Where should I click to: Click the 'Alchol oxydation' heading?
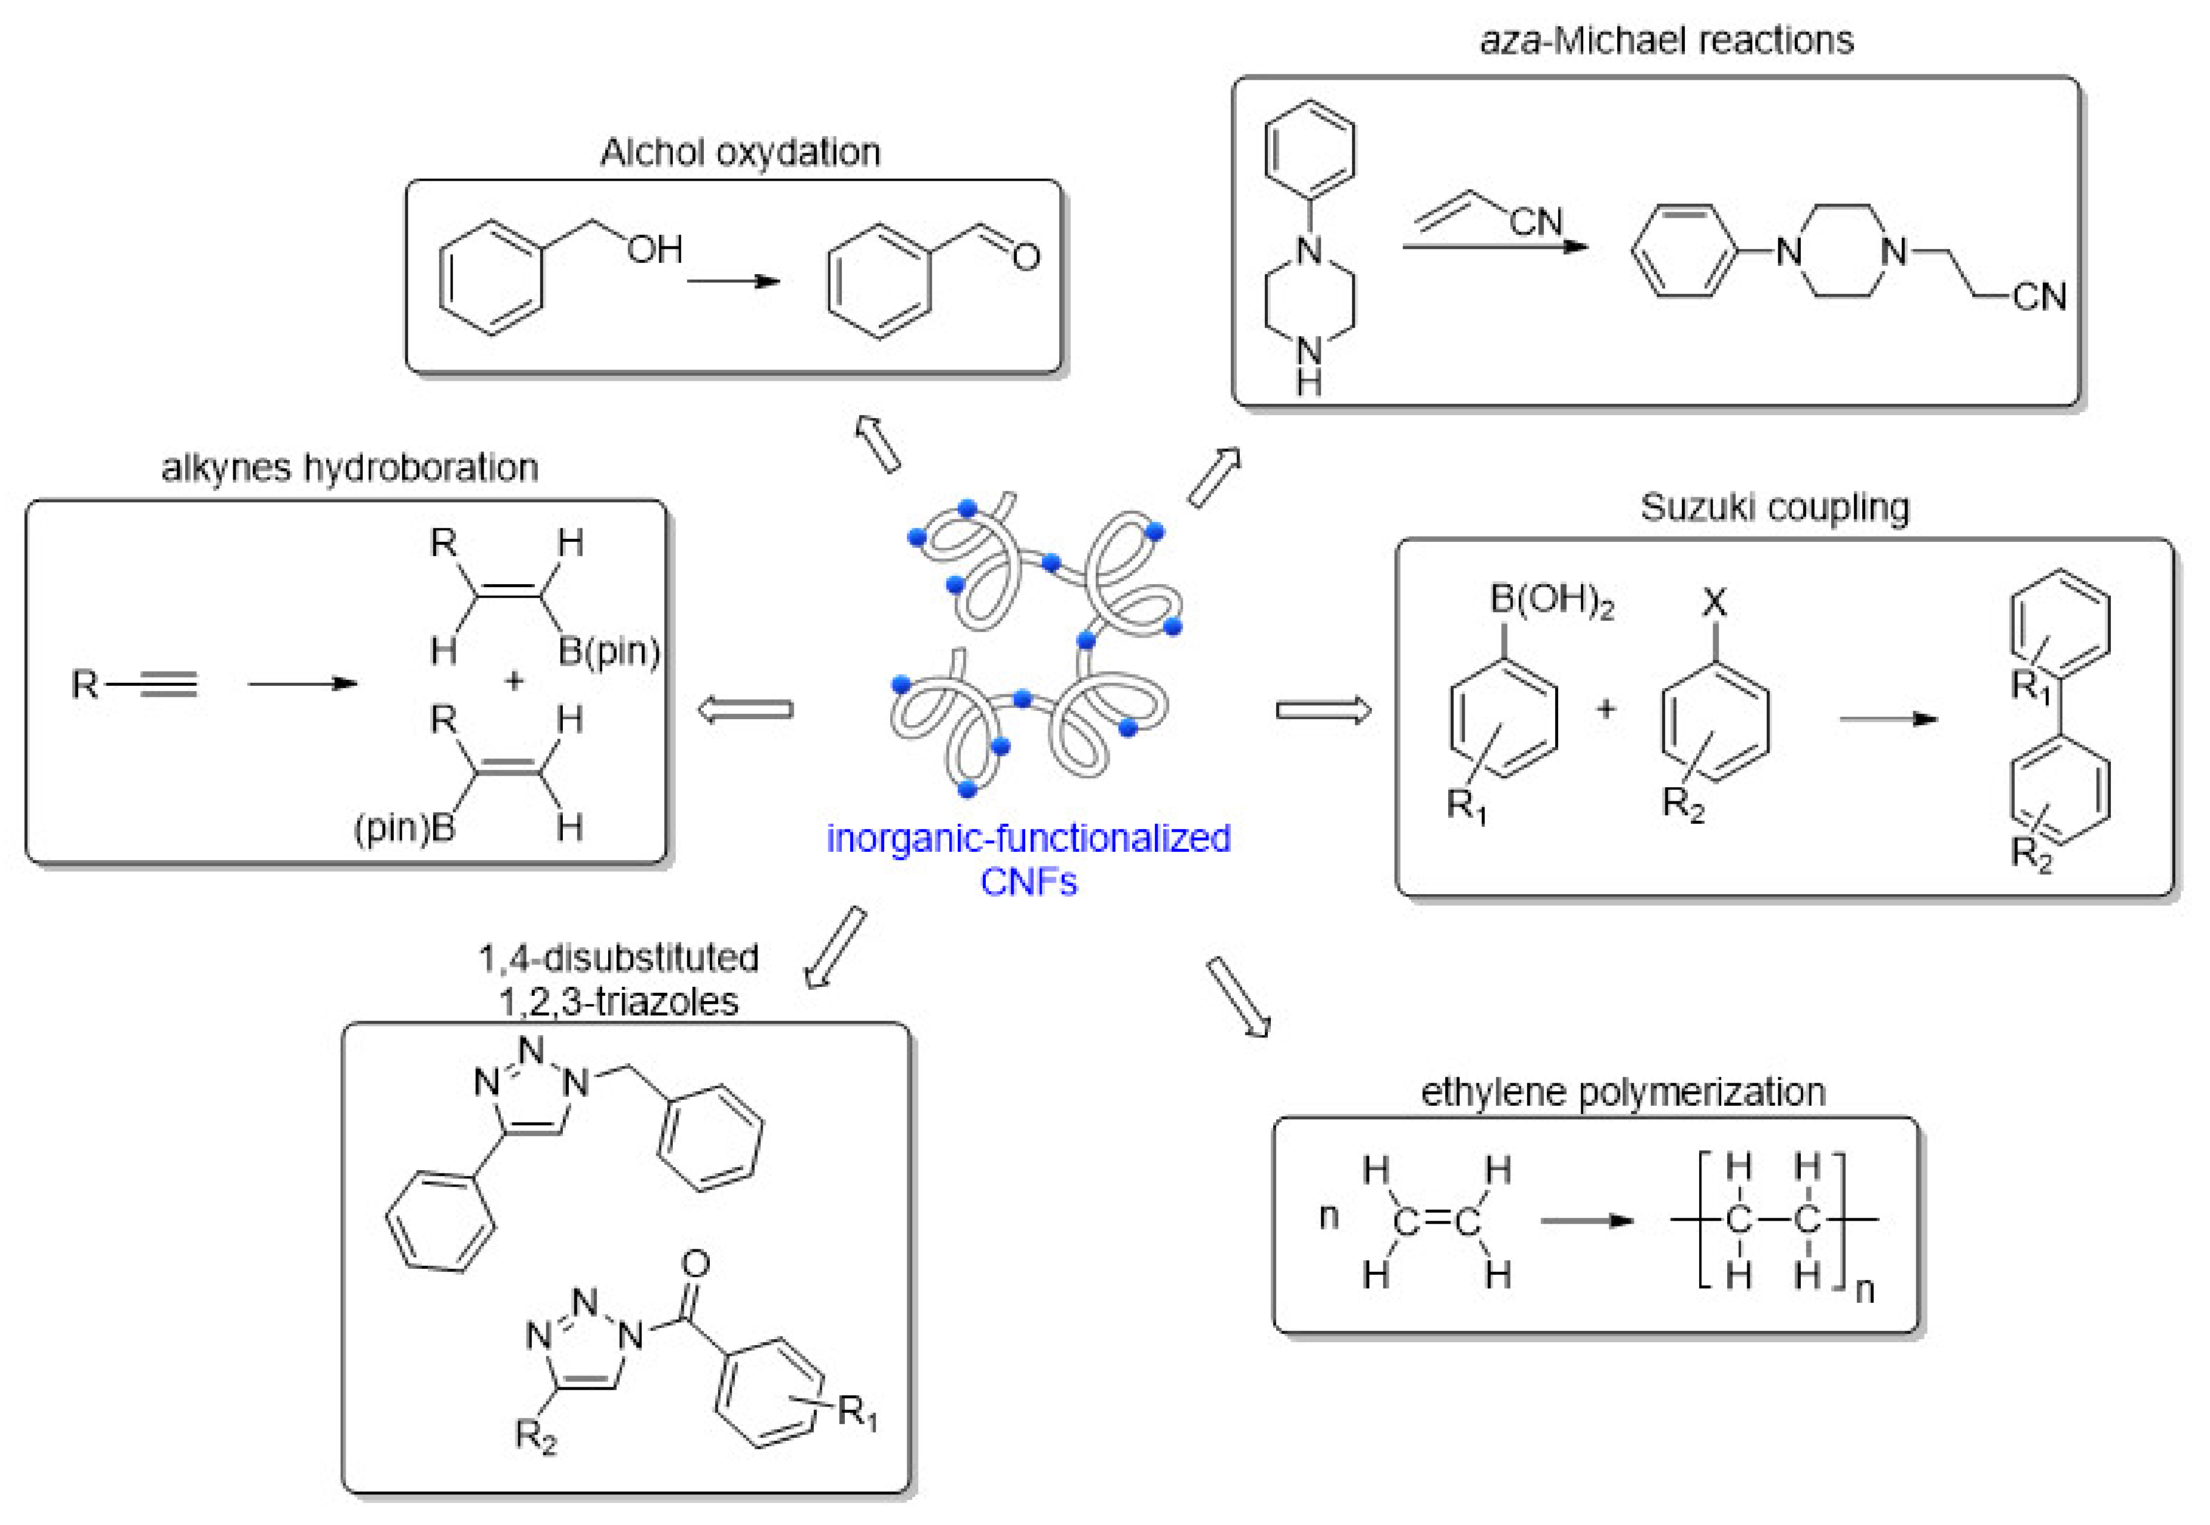(740, 153)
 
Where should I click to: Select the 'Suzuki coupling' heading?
(1774, 507)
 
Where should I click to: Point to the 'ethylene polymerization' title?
(1622, 1092)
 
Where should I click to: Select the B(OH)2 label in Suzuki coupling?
(1551, 600)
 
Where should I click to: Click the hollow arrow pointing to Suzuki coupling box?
(1323, 710)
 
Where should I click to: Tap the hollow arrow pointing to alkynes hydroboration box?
(745, 710)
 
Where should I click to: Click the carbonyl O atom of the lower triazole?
(695, 1264)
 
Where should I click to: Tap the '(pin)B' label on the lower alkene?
(404, 827)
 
